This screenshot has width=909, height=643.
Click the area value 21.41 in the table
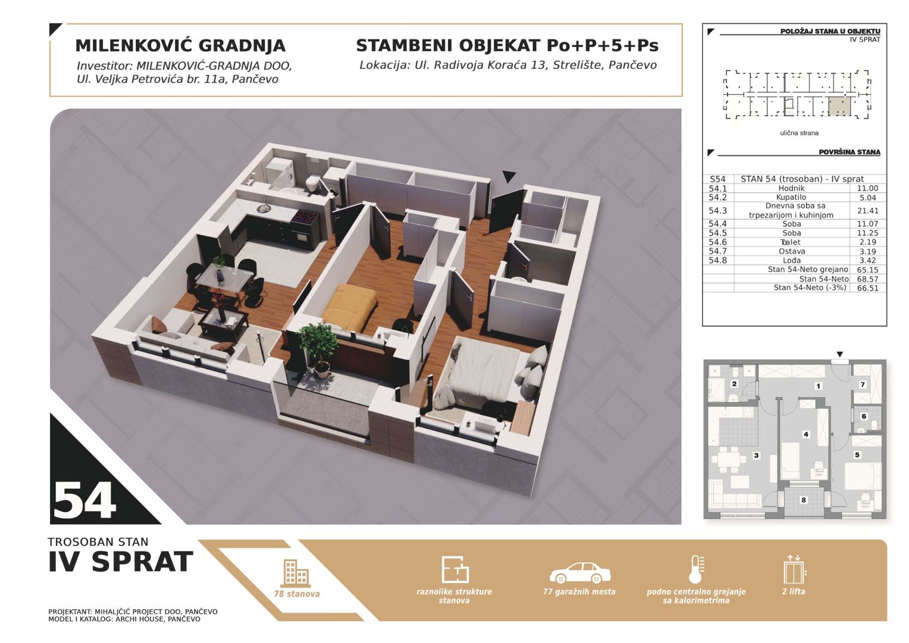click(867, 211)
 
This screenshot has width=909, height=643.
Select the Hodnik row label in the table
click(791, 188)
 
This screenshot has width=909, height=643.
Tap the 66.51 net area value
click(867, 288)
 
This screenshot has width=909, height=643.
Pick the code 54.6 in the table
click(717, 242)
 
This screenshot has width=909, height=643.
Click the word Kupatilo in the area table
click(791, 198)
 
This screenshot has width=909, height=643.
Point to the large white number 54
click(84, 501)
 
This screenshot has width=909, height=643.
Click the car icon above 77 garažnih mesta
click(580, 573)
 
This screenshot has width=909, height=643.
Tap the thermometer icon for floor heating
click(697, 570)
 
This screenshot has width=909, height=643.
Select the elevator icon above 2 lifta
click(794, 570)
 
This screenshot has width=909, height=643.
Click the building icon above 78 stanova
click(296, 573)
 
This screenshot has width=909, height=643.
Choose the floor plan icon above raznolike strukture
click(455, 570)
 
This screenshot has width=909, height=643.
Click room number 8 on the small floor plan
click(804, 500)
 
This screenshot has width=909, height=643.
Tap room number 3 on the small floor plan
click(756, 455)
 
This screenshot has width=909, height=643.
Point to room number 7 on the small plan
click(863, 384)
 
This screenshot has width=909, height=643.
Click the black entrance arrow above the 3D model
click(509, 177)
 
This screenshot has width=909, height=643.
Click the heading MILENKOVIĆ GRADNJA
click(181, 45)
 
